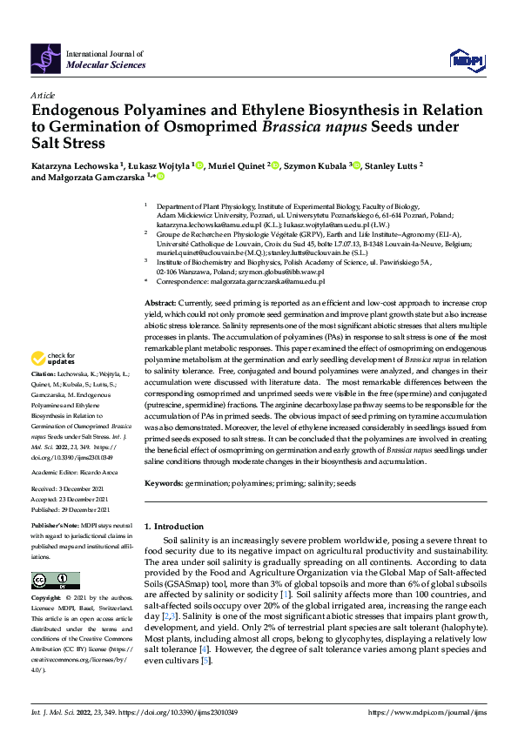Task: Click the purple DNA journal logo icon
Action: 46,58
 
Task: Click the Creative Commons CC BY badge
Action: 55,581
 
